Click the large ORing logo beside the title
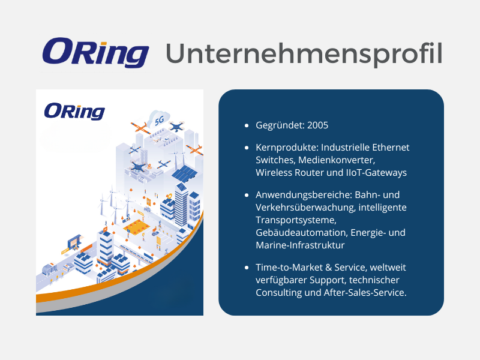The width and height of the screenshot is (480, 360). [95, 52]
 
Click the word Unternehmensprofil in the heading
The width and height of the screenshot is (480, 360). [304, 54]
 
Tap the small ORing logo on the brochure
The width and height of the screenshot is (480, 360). [74, 112]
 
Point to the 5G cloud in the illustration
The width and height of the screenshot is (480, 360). [159, 119]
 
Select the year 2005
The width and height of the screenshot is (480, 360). [317, 125]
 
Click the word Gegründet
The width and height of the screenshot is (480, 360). [280, 125]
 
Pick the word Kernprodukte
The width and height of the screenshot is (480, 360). [287, 148]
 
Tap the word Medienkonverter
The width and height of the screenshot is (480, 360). [337, 160]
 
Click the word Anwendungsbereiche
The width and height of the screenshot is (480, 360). [304, 195]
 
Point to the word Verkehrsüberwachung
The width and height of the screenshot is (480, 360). [305, 208]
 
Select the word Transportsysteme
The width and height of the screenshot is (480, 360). [296, 220]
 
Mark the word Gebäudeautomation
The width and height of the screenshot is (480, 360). [302, 233]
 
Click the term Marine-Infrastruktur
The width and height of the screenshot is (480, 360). [300, 245]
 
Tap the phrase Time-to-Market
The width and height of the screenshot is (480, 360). [289, 268]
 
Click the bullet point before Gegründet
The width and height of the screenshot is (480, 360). [247, 125]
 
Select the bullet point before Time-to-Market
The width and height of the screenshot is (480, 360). [247, 268]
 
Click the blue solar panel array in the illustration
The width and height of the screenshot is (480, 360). [185, 173]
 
